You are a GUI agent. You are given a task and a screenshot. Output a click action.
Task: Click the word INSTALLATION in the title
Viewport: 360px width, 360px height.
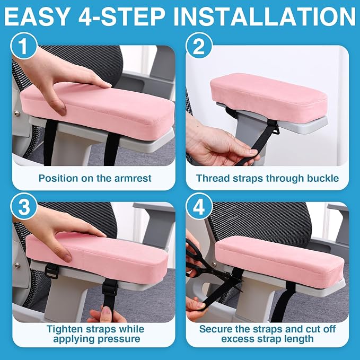tap(264, 16)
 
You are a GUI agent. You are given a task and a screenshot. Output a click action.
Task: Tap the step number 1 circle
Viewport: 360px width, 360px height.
tap(24, 46)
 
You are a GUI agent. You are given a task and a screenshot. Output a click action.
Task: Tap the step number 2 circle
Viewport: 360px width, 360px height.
tap(199, 46)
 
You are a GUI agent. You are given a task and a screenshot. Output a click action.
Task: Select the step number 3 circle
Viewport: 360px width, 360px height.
tap(24, 206)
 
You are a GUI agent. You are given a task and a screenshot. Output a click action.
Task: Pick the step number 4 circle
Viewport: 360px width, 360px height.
tap(199, 206)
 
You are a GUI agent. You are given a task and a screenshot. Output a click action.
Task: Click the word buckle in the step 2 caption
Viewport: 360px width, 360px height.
tap(323, 178)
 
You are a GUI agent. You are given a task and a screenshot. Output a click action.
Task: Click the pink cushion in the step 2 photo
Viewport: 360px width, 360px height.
tap(269, 97)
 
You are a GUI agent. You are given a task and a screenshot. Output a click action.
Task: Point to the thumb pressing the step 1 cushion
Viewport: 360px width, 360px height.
tap(58, 106)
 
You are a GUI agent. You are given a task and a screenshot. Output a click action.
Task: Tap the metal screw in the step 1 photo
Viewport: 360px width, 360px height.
tap(17, 113)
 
